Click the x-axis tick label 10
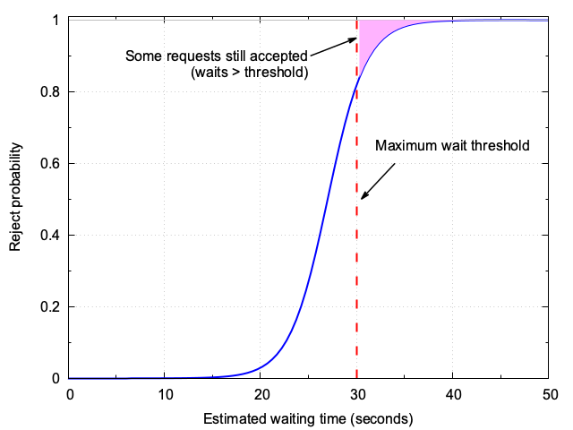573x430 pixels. pyautogui.click(x=166, y=394)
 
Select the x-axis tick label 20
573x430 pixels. pyautogui.click(x=261, y=394)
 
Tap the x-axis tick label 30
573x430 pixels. pyautogui.click(x=357, y=394)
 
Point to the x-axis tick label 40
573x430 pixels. pyautogui.click(x=453, y=394)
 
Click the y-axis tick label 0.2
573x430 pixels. pyautogui.click(x=52, y=307)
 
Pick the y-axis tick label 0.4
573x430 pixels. pyautogui.click(x=52, y=236)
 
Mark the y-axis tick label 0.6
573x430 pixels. pyautogui.click(x=52, y=164)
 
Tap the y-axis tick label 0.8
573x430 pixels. pyautogui.click(x=52, y=92)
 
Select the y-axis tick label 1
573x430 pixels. pyautogui.click(x=58, y=21)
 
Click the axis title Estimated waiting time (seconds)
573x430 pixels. pyautogui.click(x=308, y=418)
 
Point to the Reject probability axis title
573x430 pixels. pyautogui.click(x=15, y=199)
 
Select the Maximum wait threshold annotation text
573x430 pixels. pyautogui.click(x=452, y=145)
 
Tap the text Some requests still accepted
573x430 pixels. pyautogui.click(x=217, y=56)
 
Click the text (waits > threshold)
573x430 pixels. pyautogui.click(x=250, y=73)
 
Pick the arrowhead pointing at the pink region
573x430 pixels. pyautogui.click(x=355, y=39)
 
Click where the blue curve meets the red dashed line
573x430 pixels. pyautogui.click(x=357, y=81)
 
